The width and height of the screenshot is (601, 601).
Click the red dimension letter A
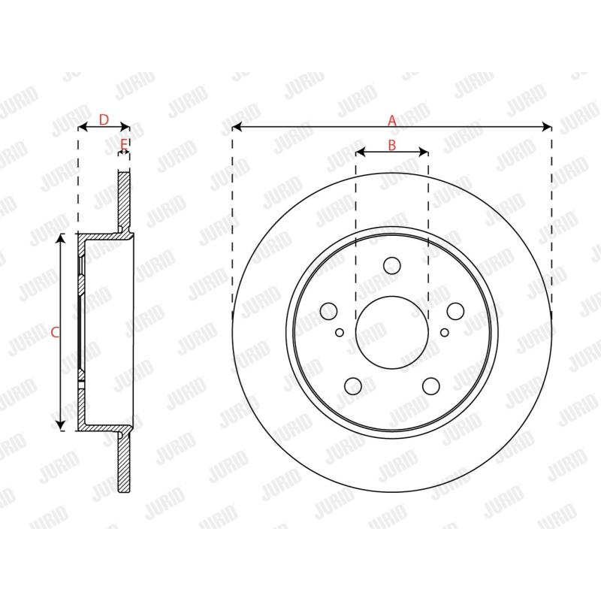tap(391, 121)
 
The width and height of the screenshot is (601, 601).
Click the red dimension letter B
tap(391, 145)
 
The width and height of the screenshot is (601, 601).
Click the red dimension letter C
tap(55, 332)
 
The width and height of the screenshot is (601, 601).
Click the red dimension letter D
tap(104, 120)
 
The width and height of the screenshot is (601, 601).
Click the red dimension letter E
tap(123, 145)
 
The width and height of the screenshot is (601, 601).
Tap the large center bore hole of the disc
tap(391, 332)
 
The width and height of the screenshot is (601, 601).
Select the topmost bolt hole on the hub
tap(391, 266)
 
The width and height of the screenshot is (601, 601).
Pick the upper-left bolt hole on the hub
tap(328, 311)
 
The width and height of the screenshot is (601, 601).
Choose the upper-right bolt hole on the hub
tap(456, 311)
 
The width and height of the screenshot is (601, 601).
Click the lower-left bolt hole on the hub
tap(353, 386)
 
